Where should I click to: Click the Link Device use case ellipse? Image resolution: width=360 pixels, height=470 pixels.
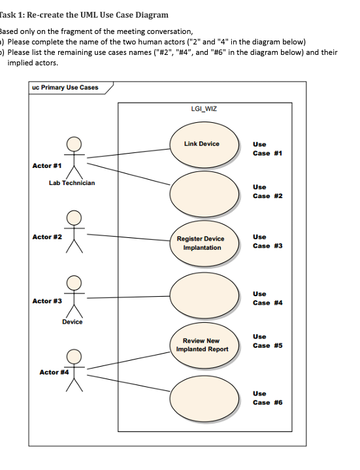tap(204, 148)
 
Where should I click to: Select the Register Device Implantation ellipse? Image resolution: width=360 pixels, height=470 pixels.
tap(204, 243)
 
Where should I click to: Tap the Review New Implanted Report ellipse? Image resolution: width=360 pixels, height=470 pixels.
tap(204, 345)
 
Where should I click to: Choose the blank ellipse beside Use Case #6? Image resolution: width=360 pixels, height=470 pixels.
tap(204, 397)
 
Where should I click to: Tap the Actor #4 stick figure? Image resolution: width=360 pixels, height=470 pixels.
tap(73, 370)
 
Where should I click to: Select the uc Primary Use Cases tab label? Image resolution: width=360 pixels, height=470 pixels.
tap(65, 88)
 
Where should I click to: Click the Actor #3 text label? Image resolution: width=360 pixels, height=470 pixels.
tap(46, 301)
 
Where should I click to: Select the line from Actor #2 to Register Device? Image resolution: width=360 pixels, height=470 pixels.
tap(127, 237)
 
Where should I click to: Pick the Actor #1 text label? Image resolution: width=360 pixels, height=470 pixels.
tap(46, 165)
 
